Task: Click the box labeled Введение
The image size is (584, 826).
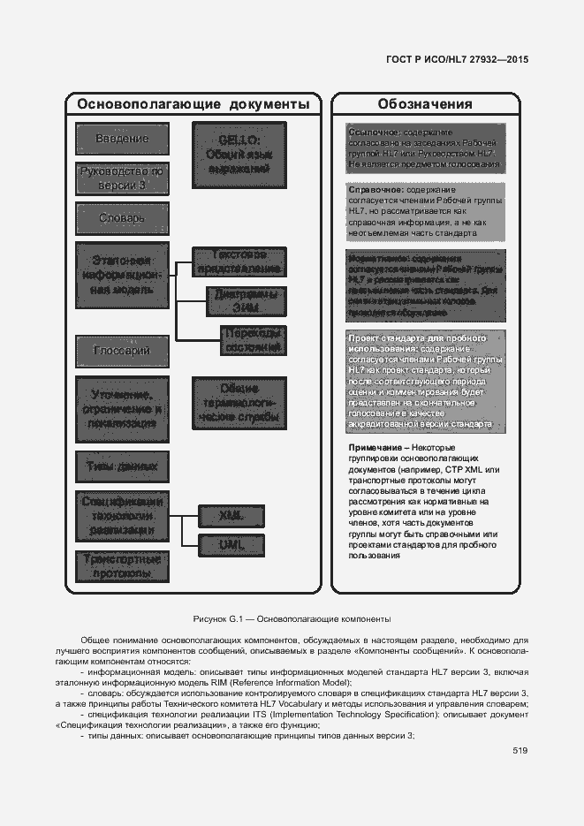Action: (121, 140)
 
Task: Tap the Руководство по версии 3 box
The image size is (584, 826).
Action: (121, 179)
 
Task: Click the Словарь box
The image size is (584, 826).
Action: (121, 218)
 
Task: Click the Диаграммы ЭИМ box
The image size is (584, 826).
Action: (246, 301)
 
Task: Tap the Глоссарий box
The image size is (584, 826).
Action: (121, 351)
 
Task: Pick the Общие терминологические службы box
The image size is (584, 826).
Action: (239, 403)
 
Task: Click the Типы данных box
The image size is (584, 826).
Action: (121, 465)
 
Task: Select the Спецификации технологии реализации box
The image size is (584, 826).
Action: (121, 516)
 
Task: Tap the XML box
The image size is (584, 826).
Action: (232, 515)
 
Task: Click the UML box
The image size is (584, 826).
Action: (232, 546)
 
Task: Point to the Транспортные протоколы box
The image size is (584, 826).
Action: (121, 566)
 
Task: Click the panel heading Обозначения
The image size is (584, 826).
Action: (424, 104)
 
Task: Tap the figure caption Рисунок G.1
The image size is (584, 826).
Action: (292, 618)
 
